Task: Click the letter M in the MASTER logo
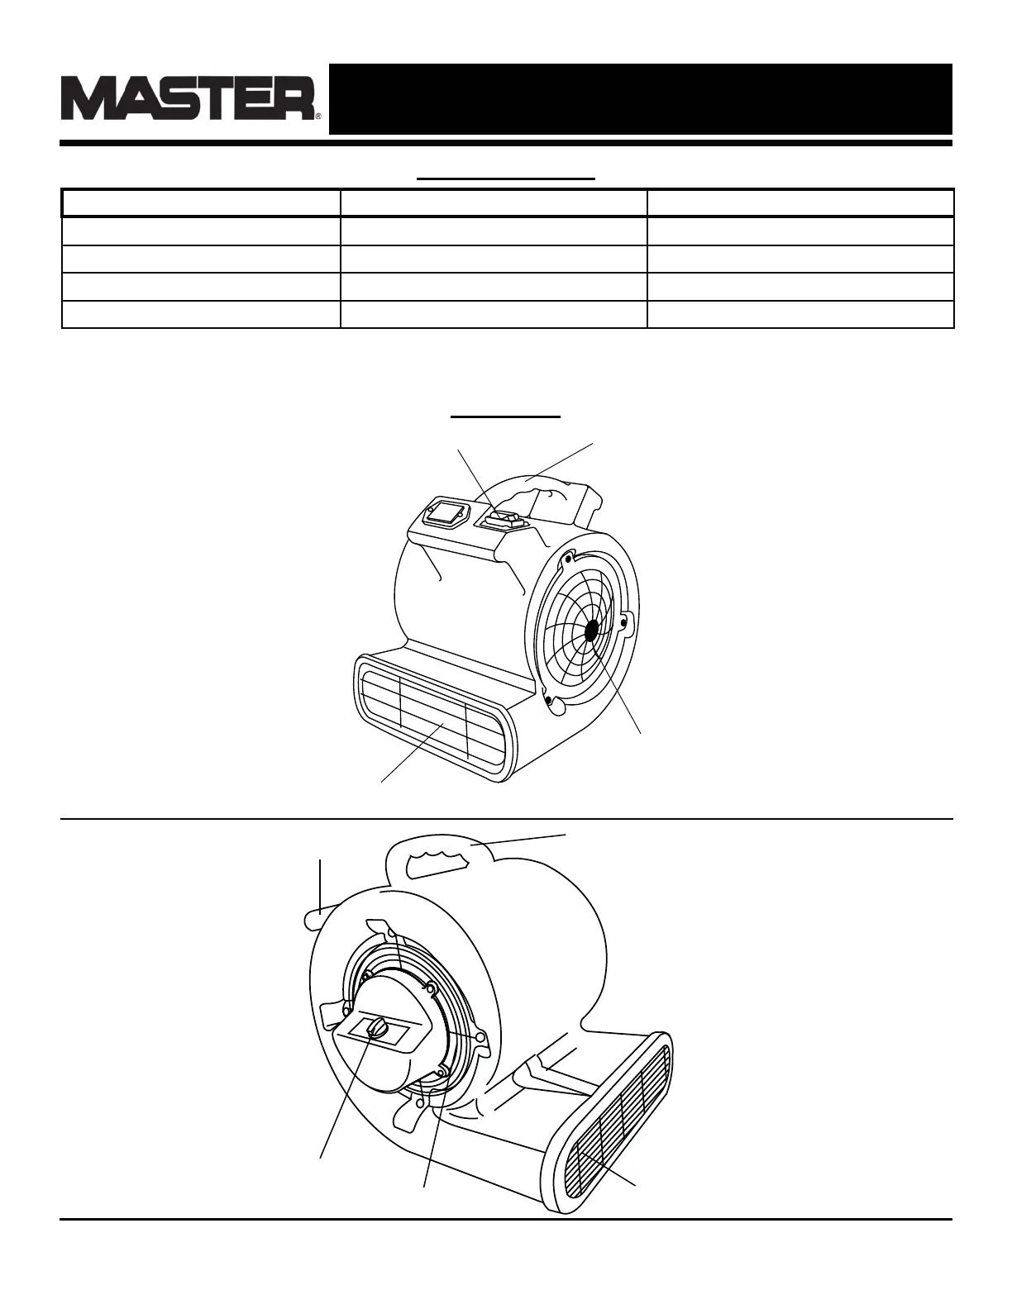pyautogui.click(x=88, y=99)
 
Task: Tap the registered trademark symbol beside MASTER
pyautogui.click(x=318, y=117)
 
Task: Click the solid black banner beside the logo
pyautogui.click(x=640, y=98)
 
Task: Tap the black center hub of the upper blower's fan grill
pyautogui.click(x=591, y=631)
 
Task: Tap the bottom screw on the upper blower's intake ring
pyautogui.click(x=547, y=701)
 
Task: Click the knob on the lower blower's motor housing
pyautogui.click(x=378, y=1027)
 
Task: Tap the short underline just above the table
pyautogui.click(x=506, y=178)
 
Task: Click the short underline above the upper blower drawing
pyautogui.click(x=506, y=418)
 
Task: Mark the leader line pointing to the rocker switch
pyautogui.click(x=477, y=480)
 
